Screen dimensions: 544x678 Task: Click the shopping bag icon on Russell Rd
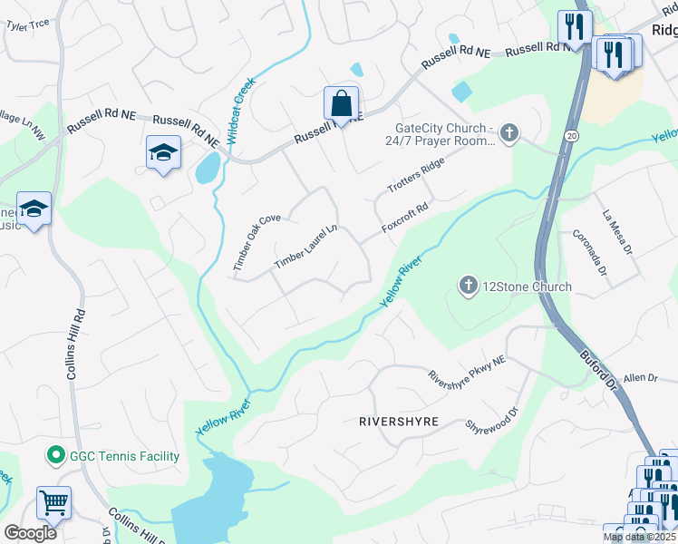[342, 102]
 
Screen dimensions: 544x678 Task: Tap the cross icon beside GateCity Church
[509, 134]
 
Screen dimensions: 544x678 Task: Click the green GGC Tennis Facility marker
[54, 456]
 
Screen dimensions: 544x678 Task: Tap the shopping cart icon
[53, 502]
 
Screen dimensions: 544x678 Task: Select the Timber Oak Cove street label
[257, 243]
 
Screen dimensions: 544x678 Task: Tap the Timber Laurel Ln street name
[306, 246]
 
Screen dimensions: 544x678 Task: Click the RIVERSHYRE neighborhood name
[399, 423]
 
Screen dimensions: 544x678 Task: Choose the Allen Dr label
[639, 376]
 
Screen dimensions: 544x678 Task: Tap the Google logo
[30, 532]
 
